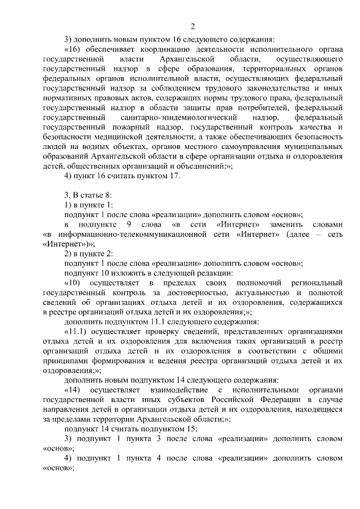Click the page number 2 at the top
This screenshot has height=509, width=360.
[x=192, y=26]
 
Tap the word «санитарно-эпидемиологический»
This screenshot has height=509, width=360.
[x=184, y=118]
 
